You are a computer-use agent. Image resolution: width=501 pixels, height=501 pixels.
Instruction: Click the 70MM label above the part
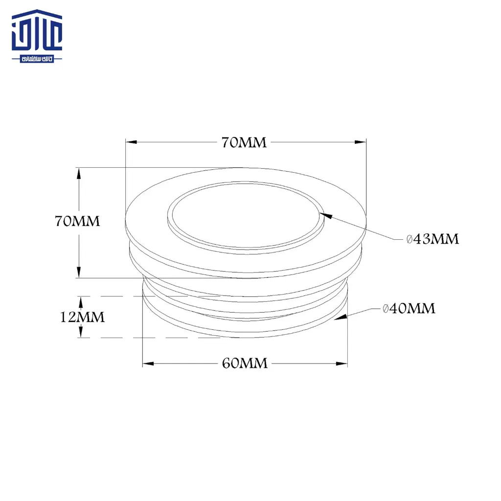coord(244,142)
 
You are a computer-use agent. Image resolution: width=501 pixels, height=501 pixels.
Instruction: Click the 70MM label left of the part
coord(77,221)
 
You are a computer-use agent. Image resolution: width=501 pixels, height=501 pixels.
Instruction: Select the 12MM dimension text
coord(82,317)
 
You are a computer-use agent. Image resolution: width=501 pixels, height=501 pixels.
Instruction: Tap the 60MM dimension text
coord(245,364)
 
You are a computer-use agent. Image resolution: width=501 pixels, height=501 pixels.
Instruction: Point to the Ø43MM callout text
coord(433,239)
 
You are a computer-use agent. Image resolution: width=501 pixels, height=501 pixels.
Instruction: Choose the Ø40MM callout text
coord(409,308)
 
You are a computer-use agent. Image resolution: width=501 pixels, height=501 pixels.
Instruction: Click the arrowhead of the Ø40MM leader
coord(341,317)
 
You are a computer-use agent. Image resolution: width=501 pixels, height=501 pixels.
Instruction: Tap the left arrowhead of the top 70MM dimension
coord(131,142)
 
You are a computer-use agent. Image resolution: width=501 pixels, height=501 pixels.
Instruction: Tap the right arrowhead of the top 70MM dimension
coord(361,142)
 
